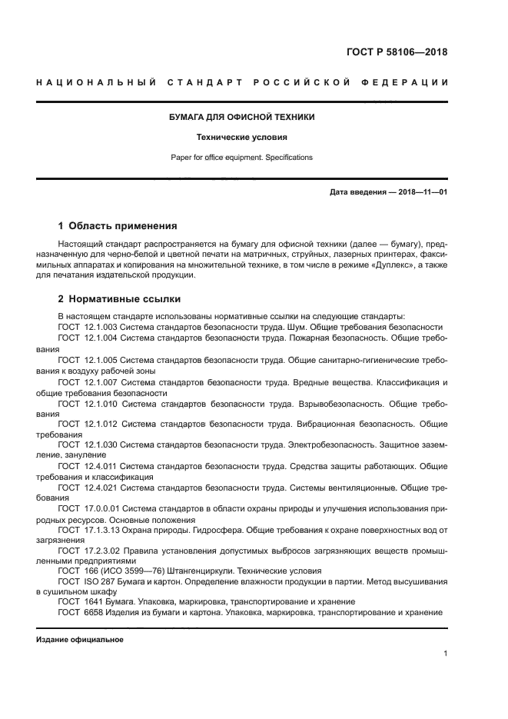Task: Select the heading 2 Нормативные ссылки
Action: tap(119, 299)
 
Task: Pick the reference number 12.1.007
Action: tap(101, 382)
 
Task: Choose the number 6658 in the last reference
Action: tap(93, 612)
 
